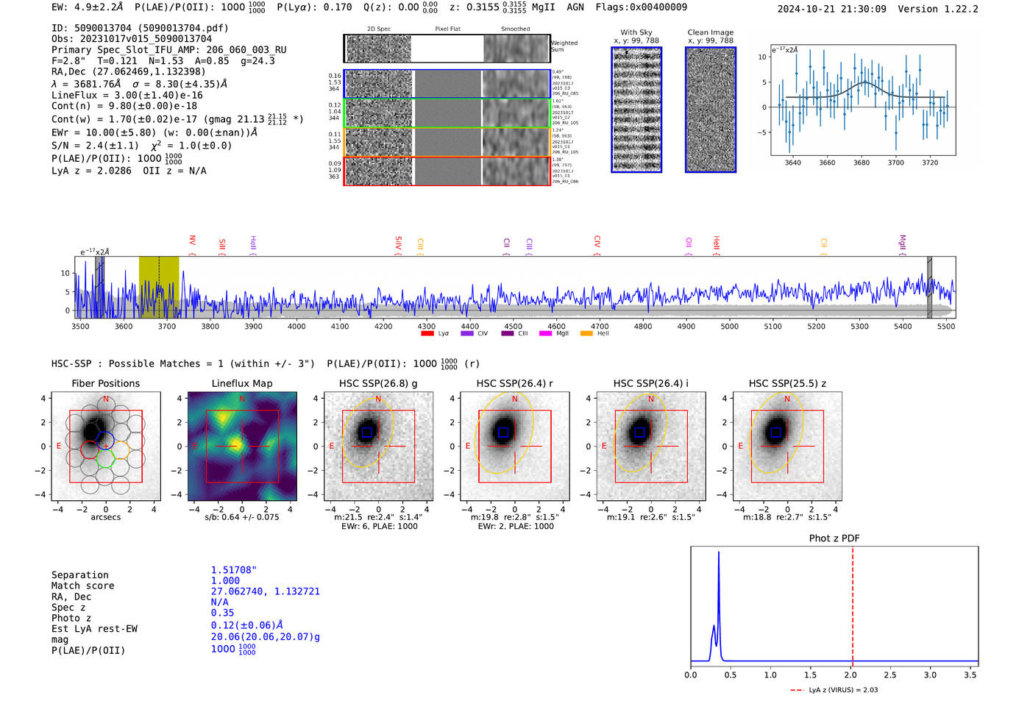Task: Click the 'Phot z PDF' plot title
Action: pyautogui.click(x=834, y=538)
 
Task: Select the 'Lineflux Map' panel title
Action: pyautogui.click(x=242, y=383)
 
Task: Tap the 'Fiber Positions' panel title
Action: pyautogui.click(x=106, y=383)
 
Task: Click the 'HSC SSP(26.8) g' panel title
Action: pyautogui.click(x=378, y=383)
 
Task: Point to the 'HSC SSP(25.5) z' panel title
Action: pyautogui.click(x=787, y=383)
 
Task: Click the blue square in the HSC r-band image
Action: pyautogui.click(x=503, y=433)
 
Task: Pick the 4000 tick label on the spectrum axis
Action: pyautogui.click(x=296, y=326)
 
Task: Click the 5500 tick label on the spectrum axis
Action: pyautogui.click(x=946, y=326)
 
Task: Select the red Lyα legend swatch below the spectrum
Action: pyautogui.click(x=427, y=334)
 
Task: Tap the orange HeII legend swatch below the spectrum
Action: pyautogui.click(x=586, y=334)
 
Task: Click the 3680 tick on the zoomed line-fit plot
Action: pyautogui.click(x=862, y=163)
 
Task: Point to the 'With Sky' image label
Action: pyautogui.click(x=636, y=32)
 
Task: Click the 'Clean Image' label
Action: pyautogui.click(x=711, y=32)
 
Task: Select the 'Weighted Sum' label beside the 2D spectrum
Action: pyautogui.click(x=564, y=46)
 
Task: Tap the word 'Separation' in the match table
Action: pyautogui.click(x=80, y=575)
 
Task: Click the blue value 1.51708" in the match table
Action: pyautogui.click(x=234, y=570)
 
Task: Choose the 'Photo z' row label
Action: pyautogui.click(x=71, y=618)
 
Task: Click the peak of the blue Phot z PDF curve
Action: pyautogui.click(x=719, y=552)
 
